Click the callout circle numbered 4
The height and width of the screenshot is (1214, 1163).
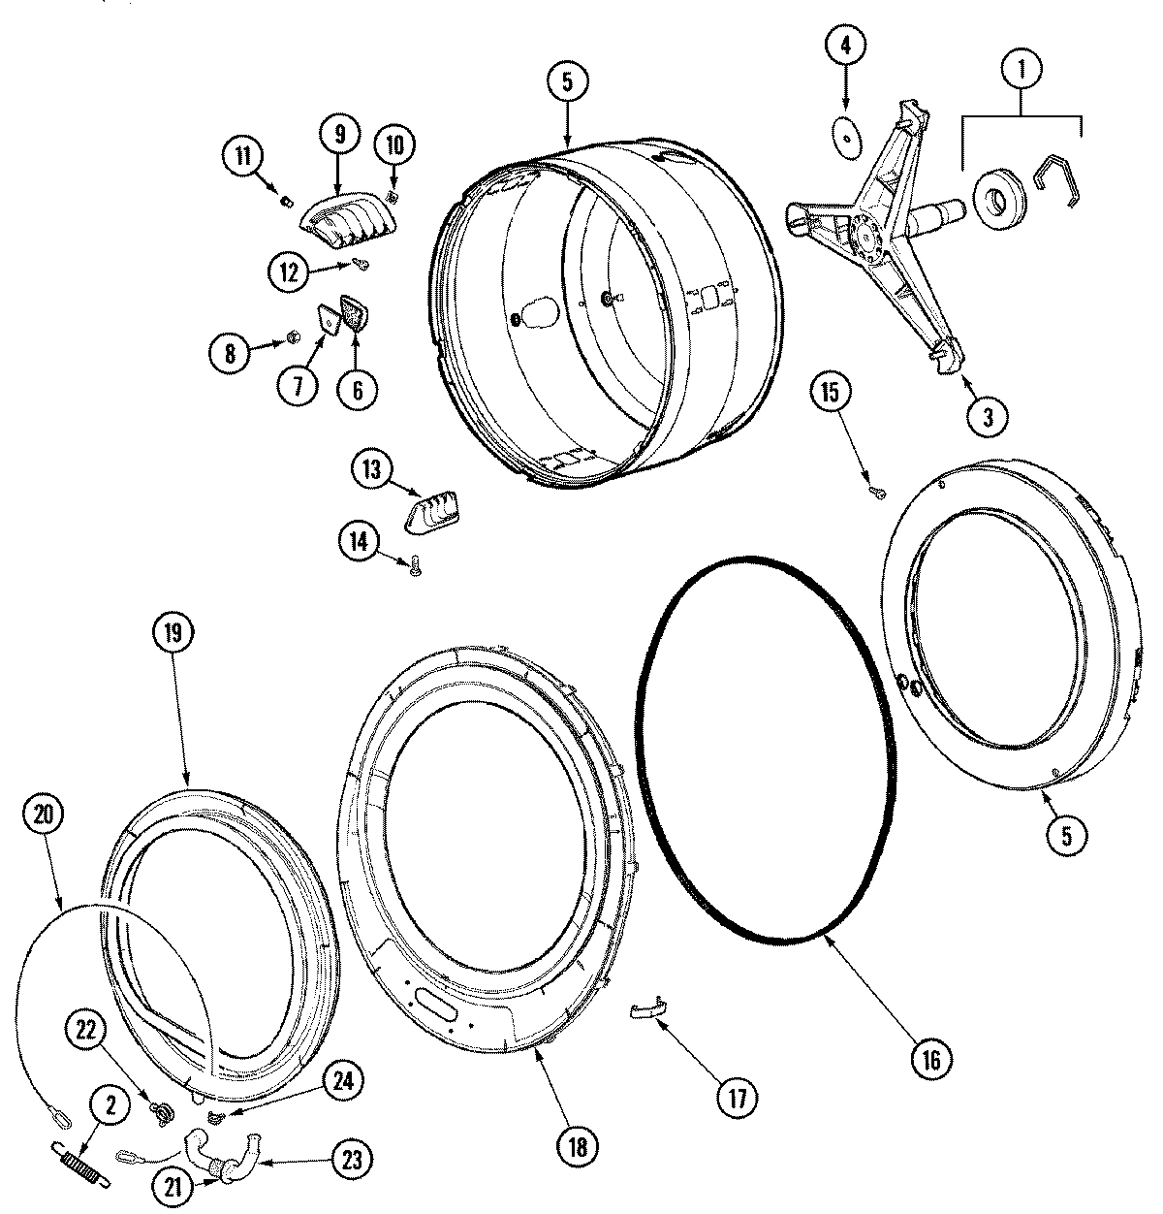point(845,45)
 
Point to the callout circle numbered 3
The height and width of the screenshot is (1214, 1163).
point(988,418)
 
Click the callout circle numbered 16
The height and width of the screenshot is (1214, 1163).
point(930,1059)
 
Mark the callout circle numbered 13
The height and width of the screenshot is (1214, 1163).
point(372,470)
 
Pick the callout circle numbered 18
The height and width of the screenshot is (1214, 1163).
point(578,1147)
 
